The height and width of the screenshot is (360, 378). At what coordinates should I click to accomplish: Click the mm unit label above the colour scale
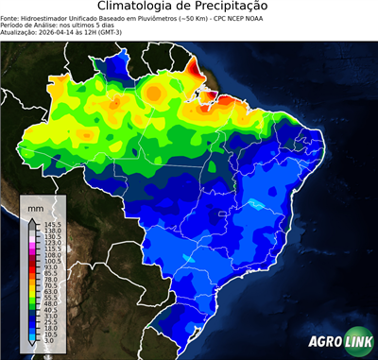point(36,207)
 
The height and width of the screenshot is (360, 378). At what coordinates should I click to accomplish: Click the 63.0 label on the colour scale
point(50,292)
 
